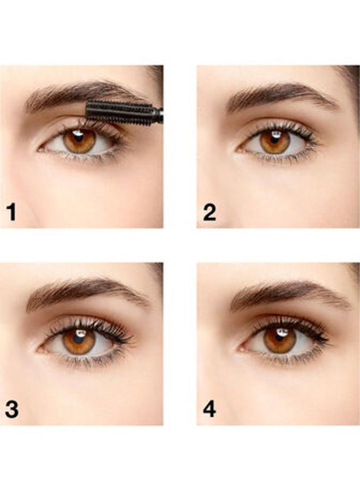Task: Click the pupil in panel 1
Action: [x=80, y=139]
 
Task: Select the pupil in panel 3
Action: [x=79, y=338]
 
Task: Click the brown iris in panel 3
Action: [x=70, y=342]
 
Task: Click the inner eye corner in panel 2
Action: [x=238, y=147]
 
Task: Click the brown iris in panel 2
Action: [x=267, y=143]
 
